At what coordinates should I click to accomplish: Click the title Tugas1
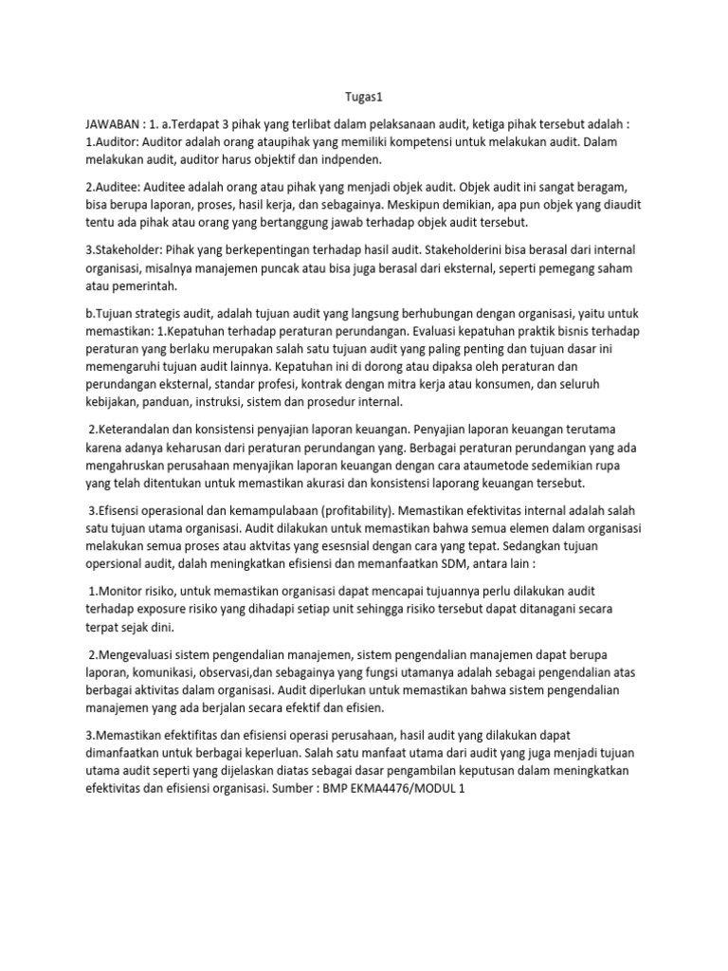click(x=362, y=96)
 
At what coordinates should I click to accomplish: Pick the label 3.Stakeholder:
click(x=129, y=250)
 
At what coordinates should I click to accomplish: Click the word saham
click(x=613, y=267)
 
